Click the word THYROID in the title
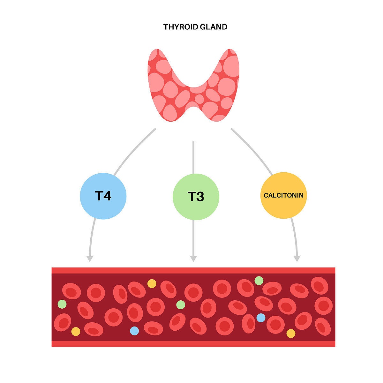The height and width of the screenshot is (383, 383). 181,27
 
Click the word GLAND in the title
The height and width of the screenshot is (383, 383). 214,27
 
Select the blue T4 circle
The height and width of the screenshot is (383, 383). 103,196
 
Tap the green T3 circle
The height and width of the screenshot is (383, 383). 196,197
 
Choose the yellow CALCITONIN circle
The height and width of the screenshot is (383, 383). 284,195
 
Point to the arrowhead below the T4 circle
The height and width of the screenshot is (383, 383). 90,259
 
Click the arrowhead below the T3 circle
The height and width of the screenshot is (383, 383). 193,259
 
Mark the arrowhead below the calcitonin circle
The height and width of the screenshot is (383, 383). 297,259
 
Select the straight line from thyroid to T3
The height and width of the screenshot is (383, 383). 193,157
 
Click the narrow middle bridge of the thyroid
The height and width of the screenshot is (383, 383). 194,97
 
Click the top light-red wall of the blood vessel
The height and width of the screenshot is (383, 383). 193,271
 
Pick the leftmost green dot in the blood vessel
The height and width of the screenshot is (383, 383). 62,304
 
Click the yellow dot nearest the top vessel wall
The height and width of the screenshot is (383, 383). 152,284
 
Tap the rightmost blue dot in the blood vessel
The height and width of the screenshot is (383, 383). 261,318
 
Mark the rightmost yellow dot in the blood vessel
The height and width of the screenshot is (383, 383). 291,334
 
